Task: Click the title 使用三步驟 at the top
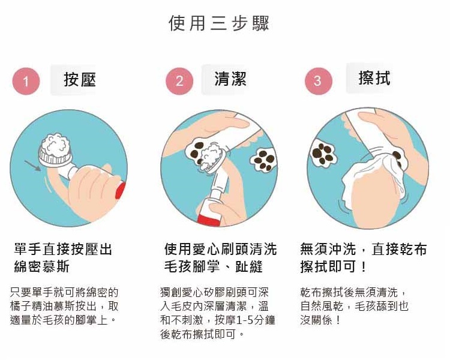218,23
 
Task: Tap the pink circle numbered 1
26,81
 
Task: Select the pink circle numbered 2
179,81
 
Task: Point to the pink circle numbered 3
318,81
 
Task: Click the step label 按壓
79,80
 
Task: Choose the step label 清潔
230,79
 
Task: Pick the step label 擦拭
374,77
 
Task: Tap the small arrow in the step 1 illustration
33,166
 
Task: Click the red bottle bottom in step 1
121,190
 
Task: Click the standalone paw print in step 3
323,153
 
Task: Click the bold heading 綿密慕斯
41,266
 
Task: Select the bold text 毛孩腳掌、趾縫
213,266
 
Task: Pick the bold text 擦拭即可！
334,266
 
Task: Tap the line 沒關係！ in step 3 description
320,320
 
